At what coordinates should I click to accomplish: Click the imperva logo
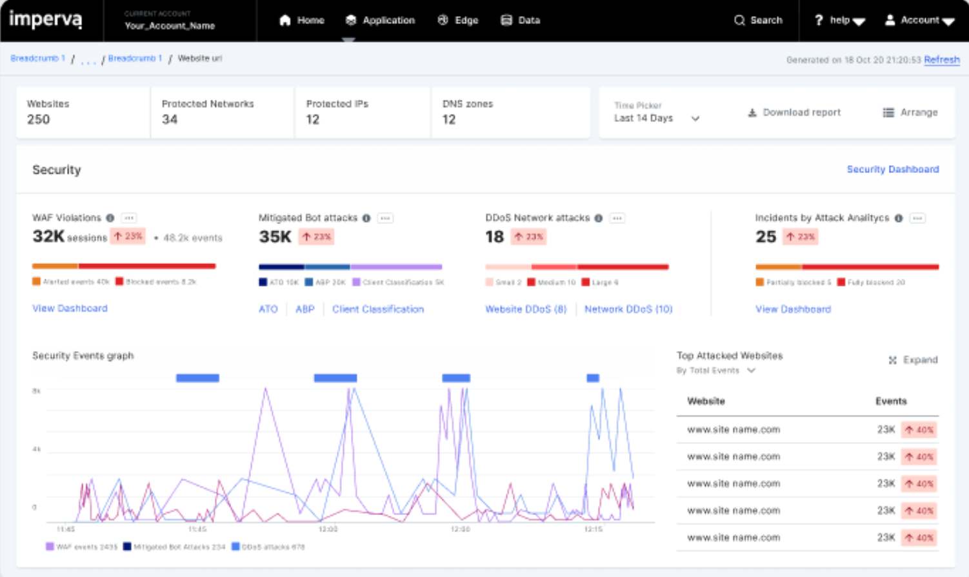pyautogui.click(x=45, y=20)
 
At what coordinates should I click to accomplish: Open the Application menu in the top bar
pyautogui.click(x=380, y=21)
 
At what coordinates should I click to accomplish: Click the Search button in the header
pyautogui.click(x=758, y=21)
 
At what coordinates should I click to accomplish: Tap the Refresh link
pyautogui.click(x=941, y=60)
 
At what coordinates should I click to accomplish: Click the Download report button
pyautogui.click(x=794, y=113)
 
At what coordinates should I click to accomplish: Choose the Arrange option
pyautogui.click(x=910, y=113)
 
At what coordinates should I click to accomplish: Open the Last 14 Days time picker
pyautogui.click(x=657, y=119)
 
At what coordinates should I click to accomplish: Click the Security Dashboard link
pyautogui.click(x=892, y=170)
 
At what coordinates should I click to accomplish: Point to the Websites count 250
pyautogui.click(x=39, y=119)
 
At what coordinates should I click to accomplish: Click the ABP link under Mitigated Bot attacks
pyautogui.click(x=305, y=310)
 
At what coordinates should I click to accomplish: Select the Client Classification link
pyautogui.click(x=378, y=310)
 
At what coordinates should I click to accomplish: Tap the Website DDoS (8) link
pyautogui.click(x=526, y=310)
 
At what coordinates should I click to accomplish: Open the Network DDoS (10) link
pyautogui.click(x=628, y=310)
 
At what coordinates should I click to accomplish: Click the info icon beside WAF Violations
pyautogui.click(x=110, y=218)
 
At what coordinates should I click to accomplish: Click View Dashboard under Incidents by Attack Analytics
pyautogui.click(x=793, y=310)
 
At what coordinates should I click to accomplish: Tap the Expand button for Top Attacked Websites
pyautogui.click(x=913, y=360)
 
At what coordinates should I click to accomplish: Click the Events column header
pyautogui.click(x=891, y=401)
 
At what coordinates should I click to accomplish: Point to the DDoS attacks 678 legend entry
pyautogui.click(x=268, y=547)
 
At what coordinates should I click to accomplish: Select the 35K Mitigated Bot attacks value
pyautogui.click(x=275, y=237)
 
